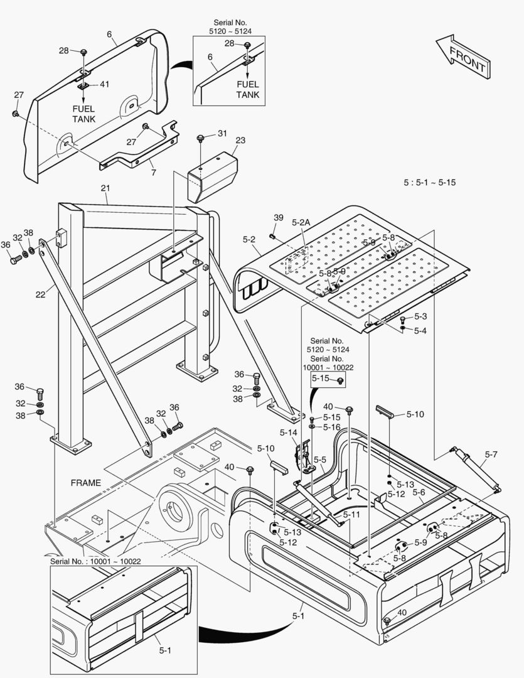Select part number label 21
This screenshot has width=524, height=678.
105,188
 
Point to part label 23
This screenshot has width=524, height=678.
240,141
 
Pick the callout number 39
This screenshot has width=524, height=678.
279,217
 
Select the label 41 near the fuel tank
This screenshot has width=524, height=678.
104,84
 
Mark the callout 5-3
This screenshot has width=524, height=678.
420,316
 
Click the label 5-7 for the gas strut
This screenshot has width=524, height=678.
491,454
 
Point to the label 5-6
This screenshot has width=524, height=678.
419,493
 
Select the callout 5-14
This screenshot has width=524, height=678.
289,432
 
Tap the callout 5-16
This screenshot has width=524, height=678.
331,427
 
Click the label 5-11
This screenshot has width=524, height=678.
351,514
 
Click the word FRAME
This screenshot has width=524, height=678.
85,483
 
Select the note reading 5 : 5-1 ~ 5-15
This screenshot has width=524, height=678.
429,183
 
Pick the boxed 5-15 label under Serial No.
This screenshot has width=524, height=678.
321,379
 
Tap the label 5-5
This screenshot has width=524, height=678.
319,460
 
